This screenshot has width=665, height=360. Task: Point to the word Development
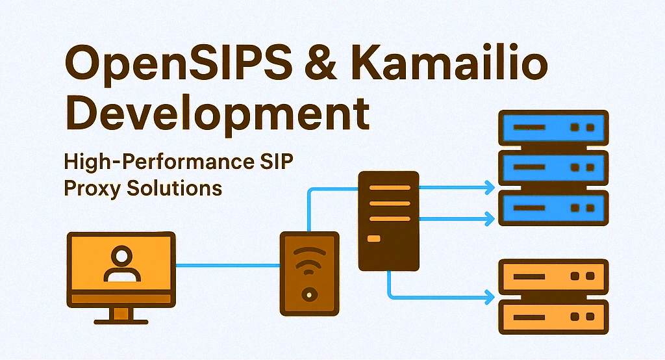pos(218,116)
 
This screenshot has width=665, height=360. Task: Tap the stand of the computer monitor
pos(120,315)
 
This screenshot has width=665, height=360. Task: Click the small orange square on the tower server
pos(374,240)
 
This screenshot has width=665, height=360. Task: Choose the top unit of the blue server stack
pos(552,127)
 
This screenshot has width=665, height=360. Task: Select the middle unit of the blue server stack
pos(552,168)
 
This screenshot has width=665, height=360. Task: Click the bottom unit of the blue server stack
pos(552,208)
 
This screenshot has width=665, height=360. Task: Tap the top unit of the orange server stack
pos(552,276)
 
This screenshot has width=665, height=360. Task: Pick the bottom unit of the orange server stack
pos(552,316)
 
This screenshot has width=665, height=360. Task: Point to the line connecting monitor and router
pos(227,264)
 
